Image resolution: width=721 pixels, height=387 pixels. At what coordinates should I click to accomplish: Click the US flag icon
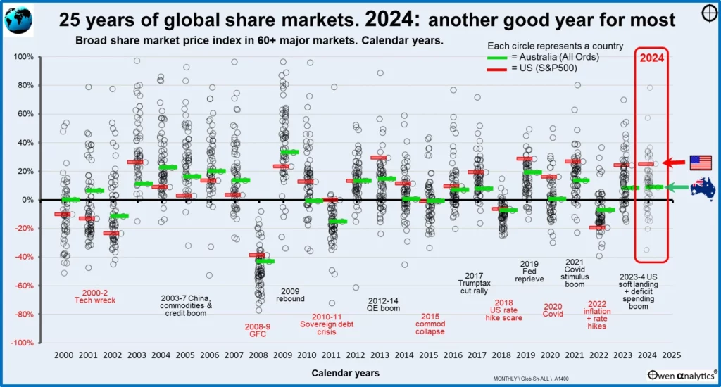pos(701,163)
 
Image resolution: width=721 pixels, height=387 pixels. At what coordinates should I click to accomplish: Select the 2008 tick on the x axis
pos(258,355)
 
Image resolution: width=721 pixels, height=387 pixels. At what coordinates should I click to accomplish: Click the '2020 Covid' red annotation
pos(553,311)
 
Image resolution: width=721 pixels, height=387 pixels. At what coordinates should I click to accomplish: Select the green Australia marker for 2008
pos(265,261)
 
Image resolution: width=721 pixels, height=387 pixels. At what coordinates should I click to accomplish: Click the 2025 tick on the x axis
pos(671,355)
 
